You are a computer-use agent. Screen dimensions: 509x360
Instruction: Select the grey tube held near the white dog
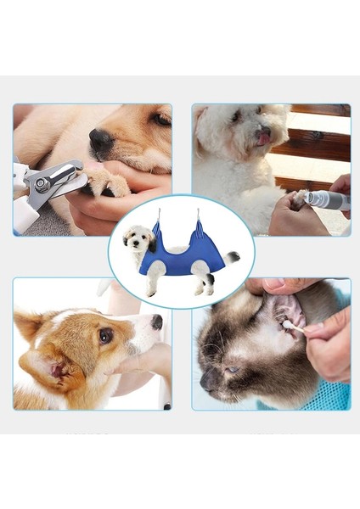pyautogui.click(x=327, y=200)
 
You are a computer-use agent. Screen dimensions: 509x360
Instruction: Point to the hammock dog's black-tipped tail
pyautogui.click(x=232, y=257)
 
